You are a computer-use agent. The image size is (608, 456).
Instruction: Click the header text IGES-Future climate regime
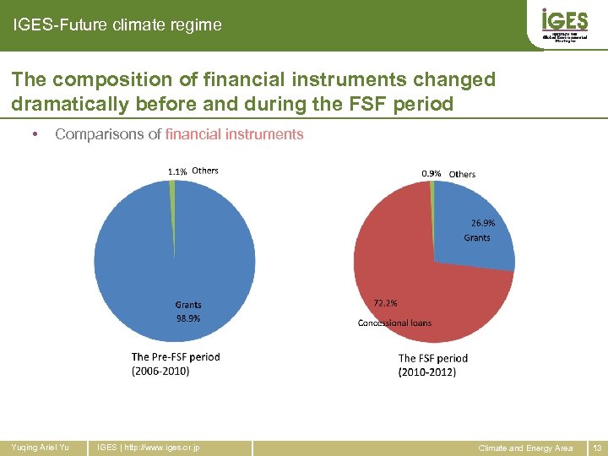pyautogui.click(x=117, y=25)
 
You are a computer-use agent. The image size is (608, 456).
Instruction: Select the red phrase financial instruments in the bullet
pyautogui.click(x=235, y=134)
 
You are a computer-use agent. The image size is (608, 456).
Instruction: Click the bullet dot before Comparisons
pyautogui.click(x=32, y=134)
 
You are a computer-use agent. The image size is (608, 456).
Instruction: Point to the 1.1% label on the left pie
pyautogui.click(x=177, y=171)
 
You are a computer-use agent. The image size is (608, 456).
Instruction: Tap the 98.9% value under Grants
pyautogui.click(x=187, y=318)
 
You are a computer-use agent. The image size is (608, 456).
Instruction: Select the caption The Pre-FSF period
pyautogui.click(x=176, y=357)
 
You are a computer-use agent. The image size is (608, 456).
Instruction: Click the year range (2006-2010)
pyautogui.click(x=160, y=371)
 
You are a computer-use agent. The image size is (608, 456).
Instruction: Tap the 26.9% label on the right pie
pyautogui.click(x=482, y=224)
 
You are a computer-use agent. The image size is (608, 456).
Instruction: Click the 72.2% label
pyautogui.click(x=385, y=302)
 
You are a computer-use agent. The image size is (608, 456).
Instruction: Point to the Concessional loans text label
pyautogui.click(x=394, y=323)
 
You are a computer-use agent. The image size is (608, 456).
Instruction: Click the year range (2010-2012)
pyautogui.click(x=426, y=372)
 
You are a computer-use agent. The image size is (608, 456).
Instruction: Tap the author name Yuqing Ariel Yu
pyautogui.click(x=40, y=448)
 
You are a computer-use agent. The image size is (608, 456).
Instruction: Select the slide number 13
pyautogui.click(x=597, y=448)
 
